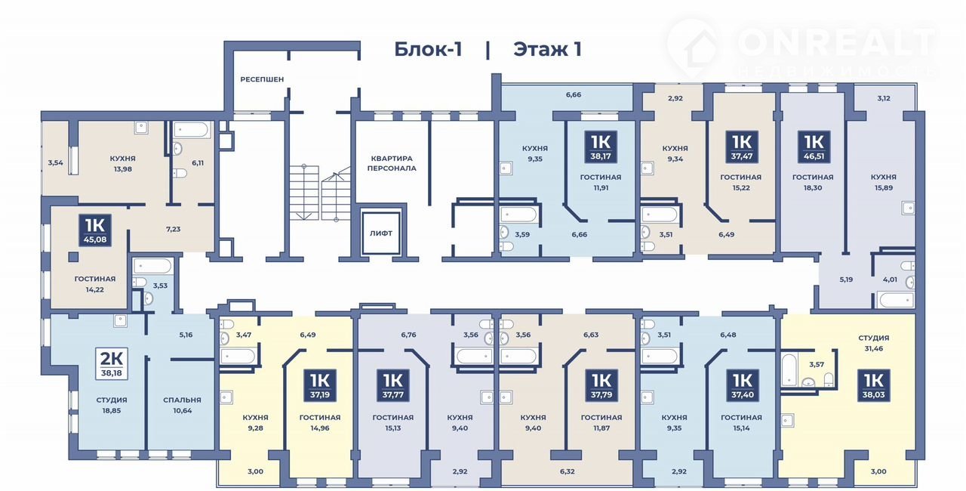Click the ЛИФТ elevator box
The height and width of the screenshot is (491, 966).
(381, 233)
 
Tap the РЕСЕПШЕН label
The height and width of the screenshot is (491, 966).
(262, 79)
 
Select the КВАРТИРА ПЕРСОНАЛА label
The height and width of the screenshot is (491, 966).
(392, 163)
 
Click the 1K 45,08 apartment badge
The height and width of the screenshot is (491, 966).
(95, 230)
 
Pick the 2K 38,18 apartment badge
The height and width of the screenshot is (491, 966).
(112, 363)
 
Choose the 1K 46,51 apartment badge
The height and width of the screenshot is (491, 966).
(814, 147)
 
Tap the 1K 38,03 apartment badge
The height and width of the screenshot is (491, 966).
(874, 385)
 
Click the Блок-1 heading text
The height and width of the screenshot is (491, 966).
(428, 49)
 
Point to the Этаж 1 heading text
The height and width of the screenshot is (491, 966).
(547, 49)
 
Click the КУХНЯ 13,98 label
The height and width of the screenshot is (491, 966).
(123, 163)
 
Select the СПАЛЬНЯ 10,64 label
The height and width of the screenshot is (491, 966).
(183, 405)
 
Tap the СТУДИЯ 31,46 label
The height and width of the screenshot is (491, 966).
(874, 343)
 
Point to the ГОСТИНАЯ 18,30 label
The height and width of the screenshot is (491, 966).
(813, 182)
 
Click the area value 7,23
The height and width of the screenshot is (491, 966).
(174, 229)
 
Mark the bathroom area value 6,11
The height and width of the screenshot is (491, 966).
(198, 162)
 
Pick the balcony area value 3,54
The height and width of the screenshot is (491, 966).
(56, 162)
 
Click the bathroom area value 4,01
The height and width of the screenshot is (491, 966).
(890, 279)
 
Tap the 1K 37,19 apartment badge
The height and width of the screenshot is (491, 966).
(320, 385)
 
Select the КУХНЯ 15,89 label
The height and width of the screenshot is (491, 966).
(884, 182)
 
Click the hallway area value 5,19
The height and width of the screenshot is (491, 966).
(846, 279)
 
